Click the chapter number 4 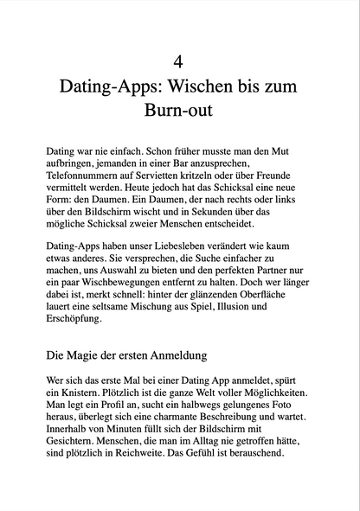pos(179,61)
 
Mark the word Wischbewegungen pos(133,283)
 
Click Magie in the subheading pos(85,355)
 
